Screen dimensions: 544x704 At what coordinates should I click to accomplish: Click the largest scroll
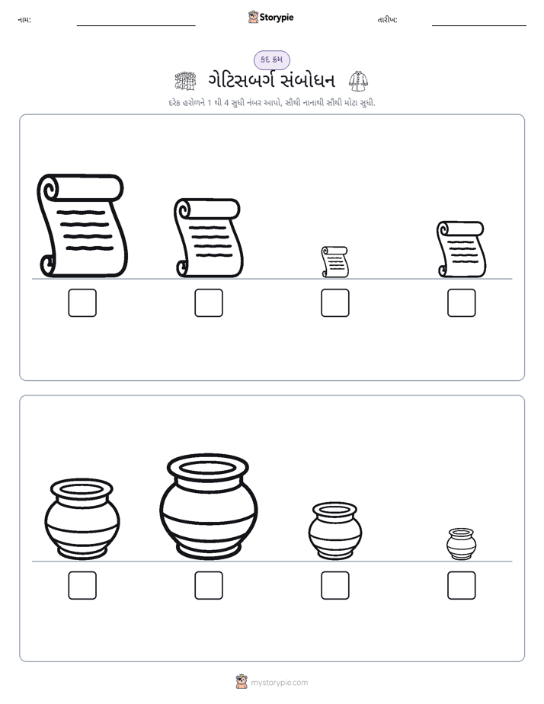click(x=82, y=226)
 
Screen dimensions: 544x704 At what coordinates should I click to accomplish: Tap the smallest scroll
click(x=334, y=262)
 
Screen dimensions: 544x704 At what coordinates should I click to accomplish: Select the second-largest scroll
click(x=208, y=238)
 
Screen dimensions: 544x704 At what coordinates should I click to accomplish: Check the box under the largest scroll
click(x=82, y=302)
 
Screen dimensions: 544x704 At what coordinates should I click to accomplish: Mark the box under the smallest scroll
click(x=334, y=302)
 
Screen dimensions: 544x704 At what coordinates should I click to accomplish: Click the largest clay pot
click(x=208, y=507)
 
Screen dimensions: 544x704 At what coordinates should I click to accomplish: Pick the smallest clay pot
click(x=462, y=544)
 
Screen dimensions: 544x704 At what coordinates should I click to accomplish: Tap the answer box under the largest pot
click(x=209, y=585)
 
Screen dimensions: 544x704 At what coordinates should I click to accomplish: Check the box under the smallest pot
click(x=462, y=585)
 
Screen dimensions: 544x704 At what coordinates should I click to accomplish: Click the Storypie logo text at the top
click(x=277, y=18)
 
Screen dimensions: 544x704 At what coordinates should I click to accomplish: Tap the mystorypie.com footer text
click(x=279, y=683)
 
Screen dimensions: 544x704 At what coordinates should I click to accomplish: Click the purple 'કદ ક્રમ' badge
click(x=271, y=59)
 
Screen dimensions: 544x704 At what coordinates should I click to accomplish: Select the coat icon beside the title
click(x=358, y=81)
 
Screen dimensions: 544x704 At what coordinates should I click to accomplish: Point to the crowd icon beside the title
click(x=185, y=81)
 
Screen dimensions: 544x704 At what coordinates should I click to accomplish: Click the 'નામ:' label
click(x=24, y=20)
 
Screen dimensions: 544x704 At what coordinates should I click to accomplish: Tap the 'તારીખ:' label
click(x=387, y=20)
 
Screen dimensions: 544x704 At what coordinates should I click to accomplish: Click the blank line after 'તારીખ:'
click(x=479, y=25)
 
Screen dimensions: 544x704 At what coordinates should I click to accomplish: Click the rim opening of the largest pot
click(x=208, y=467)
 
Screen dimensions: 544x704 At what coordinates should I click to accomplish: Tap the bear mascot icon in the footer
click(x=242, y=682)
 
